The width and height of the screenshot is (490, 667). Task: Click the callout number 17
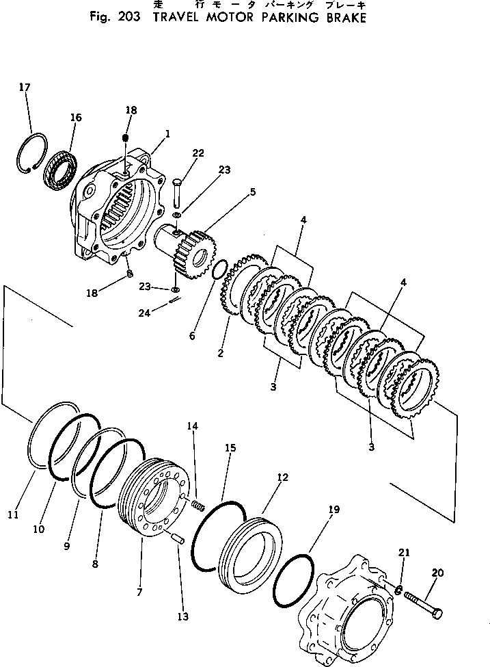coord(25,87)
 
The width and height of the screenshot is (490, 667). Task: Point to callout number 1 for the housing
coord(167,133)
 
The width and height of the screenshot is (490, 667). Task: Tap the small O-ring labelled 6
coord(218,270)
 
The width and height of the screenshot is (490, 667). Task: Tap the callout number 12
coord(282,477)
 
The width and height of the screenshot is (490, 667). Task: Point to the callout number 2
coord(220,354)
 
